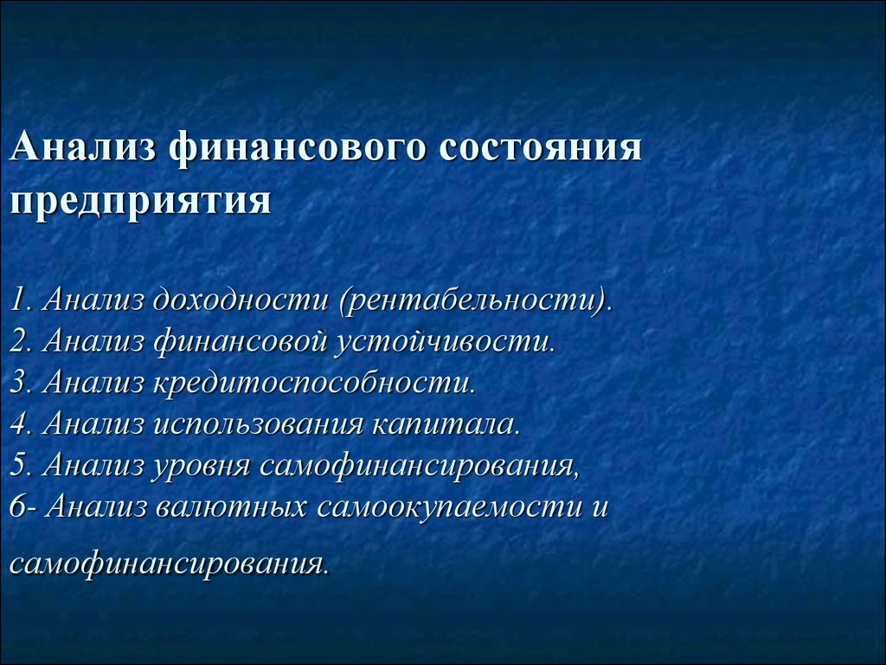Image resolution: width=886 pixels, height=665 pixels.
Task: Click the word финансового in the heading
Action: (298, 148)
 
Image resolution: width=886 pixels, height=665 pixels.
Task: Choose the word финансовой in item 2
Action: (241, 341)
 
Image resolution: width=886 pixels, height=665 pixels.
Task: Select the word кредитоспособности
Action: (311, 382)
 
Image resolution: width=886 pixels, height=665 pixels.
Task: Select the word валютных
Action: (231, 507)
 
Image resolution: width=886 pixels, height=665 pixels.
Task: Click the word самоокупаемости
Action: (450, 507)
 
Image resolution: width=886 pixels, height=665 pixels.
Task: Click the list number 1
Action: (17, 300)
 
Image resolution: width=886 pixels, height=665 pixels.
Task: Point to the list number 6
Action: (19, 507)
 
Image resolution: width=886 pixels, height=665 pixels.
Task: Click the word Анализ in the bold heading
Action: (82, 147)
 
